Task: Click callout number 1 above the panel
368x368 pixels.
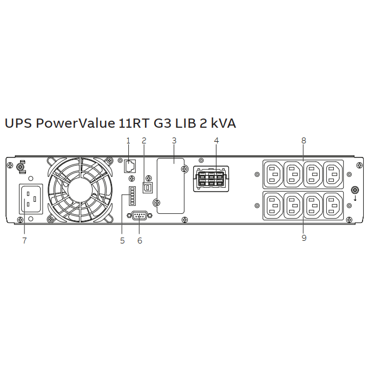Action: pos(128,141)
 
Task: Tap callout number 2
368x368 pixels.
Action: pos(144,141)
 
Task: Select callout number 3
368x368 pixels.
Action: pos(174,141)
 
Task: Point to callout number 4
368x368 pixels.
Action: pos(216,141)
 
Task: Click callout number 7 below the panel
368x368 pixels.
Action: pos(25,240)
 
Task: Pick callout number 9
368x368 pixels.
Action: pos(304,238)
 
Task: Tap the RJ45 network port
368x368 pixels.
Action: pos(130,166)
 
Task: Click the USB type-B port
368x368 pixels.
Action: pos(148,188)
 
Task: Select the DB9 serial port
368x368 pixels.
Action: pos(140,215)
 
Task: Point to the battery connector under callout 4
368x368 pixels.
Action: pos(211,179)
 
